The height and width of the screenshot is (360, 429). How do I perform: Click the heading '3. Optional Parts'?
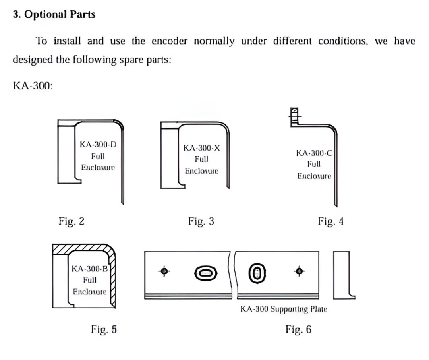[54, 15]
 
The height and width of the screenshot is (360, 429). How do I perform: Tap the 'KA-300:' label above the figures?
[33, 86]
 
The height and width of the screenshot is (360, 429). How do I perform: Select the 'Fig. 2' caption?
[71, 221]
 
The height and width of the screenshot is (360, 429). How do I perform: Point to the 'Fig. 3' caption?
[201, 221]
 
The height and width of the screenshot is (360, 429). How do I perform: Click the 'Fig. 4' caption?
[330, 221]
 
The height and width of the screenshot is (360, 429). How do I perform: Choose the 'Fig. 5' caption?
[104, 329]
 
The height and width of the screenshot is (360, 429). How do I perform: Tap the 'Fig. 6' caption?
[299, 329]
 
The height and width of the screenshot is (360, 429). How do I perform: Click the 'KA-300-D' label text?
[98, 145]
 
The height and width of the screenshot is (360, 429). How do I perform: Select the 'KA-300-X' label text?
[201, 148]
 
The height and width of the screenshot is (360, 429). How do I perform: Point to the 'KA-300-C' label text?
[314, 153]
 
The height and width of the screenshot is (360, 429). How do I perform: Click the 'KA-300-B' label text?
[90, 269]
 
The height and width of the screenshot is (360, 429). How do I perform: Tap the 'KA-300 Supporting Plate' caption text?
[284, 309]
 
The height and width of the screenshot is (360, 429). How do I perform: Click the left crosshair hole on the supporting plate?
[164, 271]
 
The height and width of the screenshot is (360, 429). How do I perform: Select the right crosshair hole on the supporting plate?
[300, 271]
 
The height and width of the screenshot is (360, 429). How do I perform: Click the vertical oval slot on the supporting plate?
[257, 273]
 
